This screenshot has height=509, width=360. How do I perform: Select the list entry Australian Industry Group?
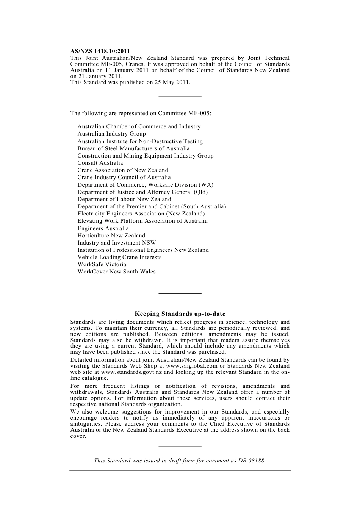click(111, 134)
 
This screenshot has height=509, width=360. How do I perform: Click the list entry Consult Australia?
click(100, 163)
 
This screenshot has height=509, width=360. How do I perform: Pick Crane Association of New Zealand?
click(123, 170)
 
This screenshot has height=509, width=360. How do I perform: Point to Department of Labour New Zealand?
click(124, 199)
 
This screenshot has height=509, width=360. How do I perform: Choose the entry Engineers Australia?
click(103, 228)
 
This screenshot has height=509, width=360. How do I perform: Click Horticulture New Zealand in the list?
click(111, 236)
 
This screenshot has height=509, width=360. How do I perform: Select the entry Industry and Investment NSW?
click(117, 243)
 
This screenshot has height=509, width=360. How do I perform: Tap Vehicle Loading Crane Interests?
click(119, 257)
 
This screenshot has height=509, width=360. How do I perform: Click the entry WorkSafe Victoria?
click(102, 264)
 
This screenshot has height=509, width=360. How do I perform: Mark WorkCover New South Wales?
click(116, 272)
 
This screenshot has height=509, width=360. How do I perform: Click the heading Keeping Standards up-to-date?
click(180, 314)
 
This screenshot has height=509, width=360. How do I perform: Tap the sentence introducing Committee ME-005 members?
click(141, 113)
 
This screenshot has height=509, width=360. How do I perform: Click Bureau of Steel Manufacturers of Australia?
click(133, 148)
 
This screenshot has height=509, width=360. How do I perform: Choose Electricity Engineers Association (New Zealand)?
click(141, 214)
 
